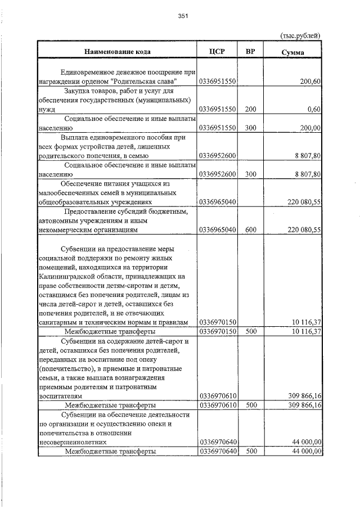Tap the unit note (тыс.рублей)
coord(300,35)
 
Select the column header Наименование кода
coord(118,52)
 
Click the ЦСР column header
coord(217,52)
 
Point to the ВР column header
coord(251,52)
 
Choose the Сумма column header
coord(292,52)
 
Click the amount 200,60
coord(310,82)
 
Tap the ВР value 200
coord(251,109)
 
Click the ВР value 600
coord(251,229)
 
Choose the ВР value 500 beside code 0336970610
coord(251,404)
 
